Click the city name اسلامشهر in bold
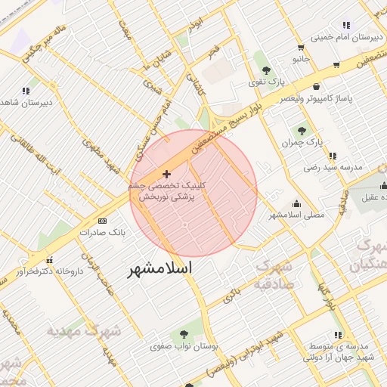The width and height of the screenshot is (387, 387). pyautogui.click(x=159, y=269)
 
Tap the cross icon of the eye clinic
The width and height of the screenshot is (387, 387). pyautogui.click(x=167, y=174)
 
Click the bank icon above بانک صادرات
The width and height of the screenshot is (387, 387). pyautogui.click(x=103, y=221)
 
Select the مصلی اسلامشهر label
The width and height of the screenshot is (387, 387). pyautogui.click(x=297, y=215)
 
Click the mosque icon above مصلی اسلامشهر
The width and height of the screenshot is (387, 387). pyautogui.click(x=296, y=203)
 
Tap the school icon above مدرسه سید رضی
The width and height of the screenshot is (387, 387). pyautogui.click(x=331, y=156)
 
